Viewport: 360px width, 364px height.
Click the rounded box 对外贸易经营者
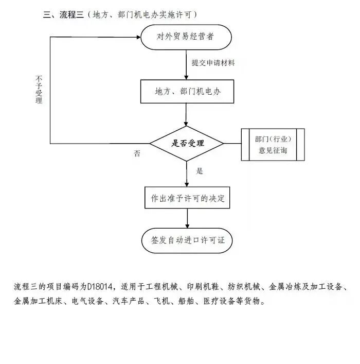tap(187, 37)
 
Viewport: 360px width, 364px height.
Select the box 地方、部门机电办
tap(187, 91)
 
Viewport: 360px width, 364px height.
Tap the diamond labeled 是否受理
tap(187, 143)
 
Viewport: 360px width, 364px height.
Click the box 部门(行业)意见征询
tap(273, 144)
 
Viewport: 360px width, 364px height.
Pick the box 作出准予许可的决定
tap(187, 198)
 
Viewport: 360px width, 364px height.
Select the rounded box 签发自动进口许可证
tap(187, 240)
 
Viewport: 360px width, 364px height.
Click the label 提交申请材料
tap(213, 63)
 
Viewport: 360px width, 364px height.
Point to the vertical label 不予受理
tap(39, 89)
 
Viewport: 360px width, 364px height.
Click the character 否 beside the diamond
tap(137, 153)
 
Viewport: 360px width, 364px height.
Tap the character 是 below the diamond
tap(200, 170)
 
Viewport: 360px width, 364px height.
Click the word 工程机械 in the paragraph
tap(160, 287)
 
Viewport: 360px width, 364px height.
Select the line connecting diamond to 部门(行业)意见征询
tap(232, 143)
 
